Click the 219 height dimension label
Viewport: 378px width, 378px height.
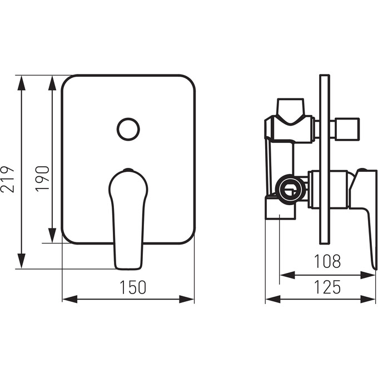(7, 179)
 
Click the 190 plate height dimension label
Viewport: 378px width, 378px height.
(42, 179)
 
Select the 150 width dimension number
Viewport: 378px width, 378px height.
(133, 287)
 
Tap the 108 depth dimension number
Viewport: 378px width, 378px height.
(327, 261)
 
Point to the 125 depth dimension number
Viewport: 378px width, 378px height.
(327, 287)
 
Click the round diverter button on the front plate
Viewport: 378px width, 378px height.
(128, 129)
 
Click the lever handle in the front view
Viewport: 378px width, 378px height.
(128, 219)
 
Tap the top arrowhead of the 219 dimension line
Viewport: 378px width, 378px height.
(22, 83)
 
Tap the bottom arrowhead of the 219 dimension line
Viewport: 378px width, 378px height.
(22, 261)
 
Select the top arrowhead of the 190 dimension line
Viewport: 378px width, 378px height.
(52, 83)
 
